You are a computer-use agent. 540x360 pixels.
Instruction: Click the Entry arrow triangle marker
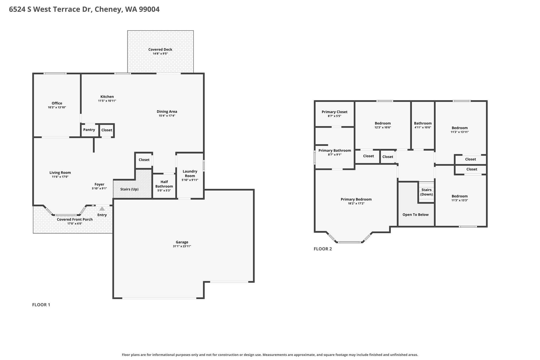(102, 209)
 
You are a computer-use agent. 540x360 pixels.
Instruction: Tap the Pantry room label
(89, 130)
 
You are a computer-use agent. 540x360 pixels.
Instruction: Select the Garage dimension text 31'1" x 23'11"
(182, 246)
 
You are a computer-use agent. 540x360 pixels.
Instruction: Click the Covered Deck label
(160, 49)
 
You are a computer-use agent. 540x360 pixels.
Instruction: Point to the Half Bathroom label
(164, 184)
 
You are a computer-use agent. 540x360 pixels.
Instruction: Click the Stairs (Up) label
(129, 189)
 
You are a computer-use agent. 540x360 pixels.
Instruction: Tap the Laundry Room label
(190, 174)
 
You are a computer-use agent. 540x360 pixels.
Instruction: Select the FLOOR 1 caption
(41, 305)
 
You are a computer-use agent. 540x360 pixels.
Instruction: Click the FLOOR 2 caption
(323, 249)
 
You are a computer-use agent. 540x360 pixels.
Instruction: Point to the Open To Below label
(416, 215)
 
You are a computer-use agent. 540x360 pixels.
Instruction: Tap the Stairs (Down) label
(426, 192)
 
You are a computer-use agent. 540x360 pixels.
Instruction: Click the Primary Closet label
(335, 112)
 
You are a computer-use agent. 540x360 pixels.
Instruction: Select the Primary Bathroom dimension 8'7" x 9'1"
(335, 155)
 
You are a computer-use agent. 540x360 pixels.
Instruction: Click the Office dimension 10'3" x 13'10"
(57, 107)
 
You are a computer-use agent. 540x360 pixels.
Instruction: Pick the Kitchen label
(107, 97)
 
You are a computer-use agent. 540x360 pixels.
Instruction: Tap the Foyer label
(99, 184)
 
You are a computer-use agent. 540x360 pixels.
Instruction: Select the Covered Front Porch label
(75, 219)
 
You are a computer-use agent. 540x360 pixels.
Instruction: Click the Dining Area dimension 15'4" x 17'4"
(167, 116)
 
